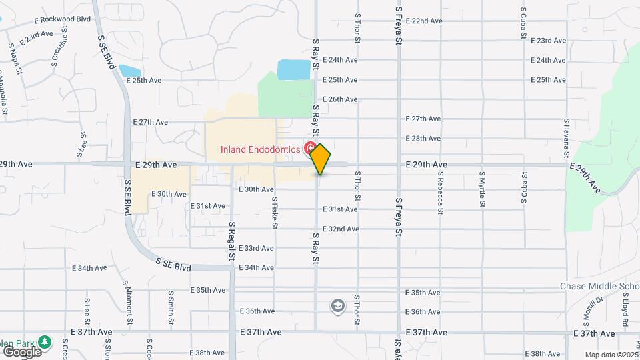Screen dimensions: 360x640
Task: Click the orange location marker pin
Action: click(x=320, y=159)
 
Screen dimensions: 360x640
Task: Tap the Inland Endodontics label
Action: click(x=261, y=149)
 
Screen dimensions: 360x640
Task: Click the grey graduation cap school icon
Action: click(x=338, y=306)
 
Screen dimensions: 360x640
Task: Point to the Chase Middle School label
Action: click(x=599, y=287)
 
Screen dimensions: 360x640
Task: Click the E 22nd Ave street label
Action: click(x=423, y=21)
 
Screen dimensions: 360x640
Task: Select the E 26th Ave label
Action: click(x=340, y=99)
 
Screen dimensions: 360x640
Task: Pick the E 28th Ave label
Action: click(x=423, y=139)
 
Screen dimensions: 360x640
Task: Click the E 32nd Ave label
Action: click(x=340, y=229)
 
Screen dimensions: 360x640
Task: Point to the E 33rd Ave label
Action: click(x=256, y=248)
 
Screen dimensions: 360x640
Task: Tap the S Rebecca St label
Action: click(x=441, y=193)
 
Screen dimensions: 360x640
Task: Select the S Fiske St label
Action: click(x=274, y=211)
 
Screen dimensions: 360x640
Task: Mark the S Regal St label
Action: click(x=232, y=241)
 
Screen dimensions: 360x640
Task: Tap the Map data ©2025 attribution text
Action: click(x=611, y=355)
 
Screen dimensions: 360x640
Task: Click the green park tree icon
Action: click(x=45, y=342)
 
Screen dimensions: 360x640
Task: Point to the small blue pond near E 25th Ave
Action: click(x=129, y=70)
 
